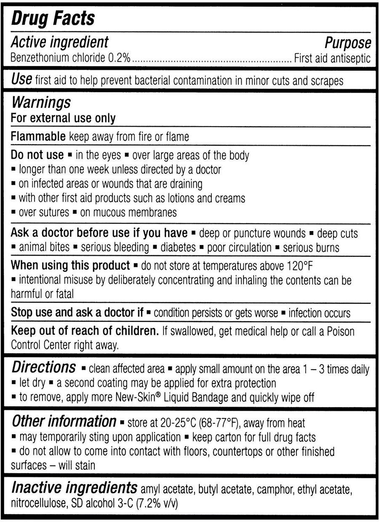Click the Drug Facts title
(x=53, y=19)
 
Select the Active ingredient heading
(x=59, y=42)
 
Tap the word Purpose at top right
(x=348, y=43)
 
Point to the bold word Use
(x=21, y=80)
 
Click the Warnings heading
(x=41, y=103)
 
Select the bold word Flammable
(x=38, y=136)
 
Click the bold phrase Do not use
(x=37, y=155)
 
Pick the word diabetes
(x=178, y=247)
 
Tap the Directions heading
(x=43, y=368)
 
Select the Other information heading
(x=63, y=421)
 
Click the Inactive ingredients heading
(x=74, y=488)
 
